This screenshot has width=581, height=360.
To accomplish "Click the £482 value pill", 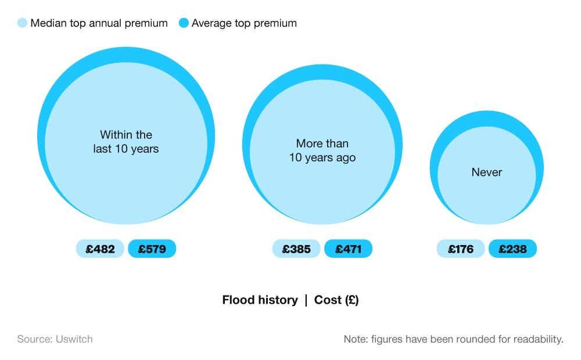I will (x=100, y=249).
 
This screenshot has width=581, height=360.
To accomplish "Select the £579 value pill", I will (x=152, y=249).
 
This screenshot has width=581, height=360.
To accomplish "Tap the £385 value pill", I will (x=296, y=249).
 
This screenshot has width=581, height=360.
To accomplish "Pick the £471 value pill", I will (x=348, y=249).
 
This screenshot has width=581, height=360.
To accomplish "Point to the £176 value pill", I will (x=461, y=249).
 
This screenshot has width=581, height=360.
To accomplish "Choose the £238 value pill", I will (x=512, y=249).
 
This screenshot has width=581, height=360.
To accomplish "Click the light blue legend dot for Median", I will (x=23, y=23).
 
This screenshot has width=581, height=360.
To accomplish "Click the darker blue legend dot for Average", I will (x=184, y=23).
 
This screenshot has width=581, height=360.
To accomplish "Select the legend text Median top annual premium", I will (x=99, y=23).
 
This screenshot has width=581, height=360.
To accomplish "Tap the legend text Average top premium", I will (x=244, y=23).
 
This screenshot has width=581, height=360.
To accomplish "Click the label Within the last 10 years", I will (x=126, y=142).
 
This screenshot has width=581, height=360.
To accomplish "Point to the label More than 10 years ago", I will (x=322, y=150).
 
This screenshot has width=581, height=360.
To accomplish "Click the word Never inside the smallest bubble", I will (x=487, y=172).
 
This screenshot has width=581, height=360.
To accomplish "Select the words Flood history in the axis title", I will (x=260, y=300).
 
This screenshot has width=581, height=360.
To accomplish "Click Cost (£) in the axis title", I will (x=336, y=300).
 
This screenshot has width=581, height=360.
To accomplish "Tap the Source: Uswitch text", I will (x=55, y=339).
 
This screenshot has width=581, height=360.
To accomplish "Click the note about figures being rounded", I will (x=453, y=339).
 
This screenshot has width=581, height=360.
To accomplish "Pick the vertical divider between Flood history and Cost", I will (x=306, y=300).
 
